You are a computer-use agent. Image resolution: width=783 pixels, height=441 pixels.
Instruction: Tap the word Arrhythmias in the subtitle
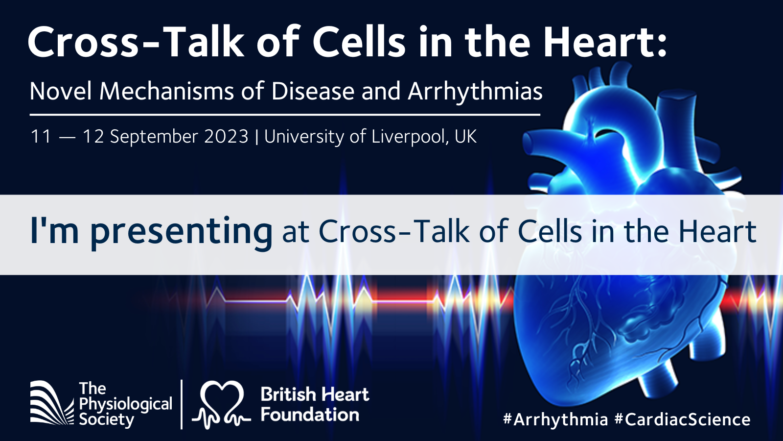475,92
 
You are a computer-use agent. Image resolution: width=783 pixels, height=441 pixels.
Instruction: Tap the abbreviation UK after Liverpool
465,137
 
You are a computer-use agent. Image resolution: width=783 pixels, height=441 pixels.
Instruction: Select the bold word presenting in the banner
181,232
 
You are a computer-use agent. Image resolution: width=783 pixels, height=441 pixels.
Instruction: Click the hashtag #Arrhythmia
555,419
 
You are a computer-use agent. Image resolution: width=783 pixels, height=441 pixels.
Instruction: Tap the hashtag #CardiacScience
682,419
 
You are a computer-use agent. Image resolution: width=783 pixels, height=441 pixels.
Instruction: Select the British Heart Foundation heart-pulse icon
222,404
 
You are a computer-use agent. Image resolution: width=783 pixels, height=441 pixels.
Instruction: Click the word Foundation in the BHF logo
310,415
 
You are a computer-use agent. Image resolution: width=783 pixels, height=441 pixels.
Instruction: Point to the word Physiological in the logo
126,405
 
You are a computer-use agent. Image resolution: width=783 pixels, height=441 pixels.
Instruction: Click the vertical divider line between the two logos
182,404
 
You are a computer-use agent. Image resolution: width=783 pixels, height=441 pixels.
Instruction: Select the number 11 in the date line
41,137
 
